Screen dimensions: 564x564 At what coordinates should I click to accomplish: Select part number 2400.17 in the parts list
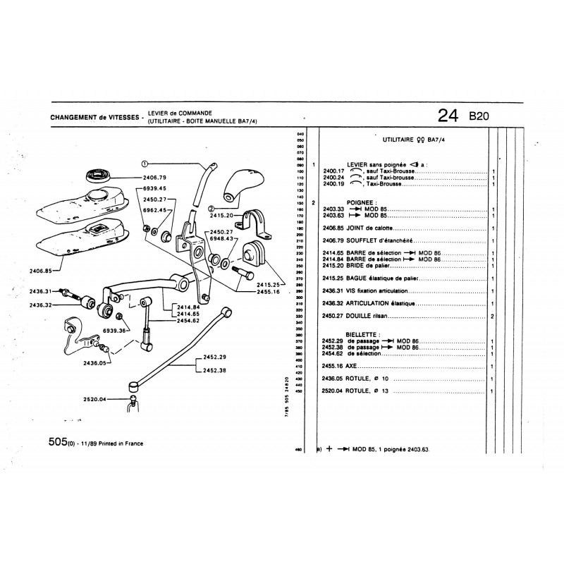(x=332, y=171)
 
